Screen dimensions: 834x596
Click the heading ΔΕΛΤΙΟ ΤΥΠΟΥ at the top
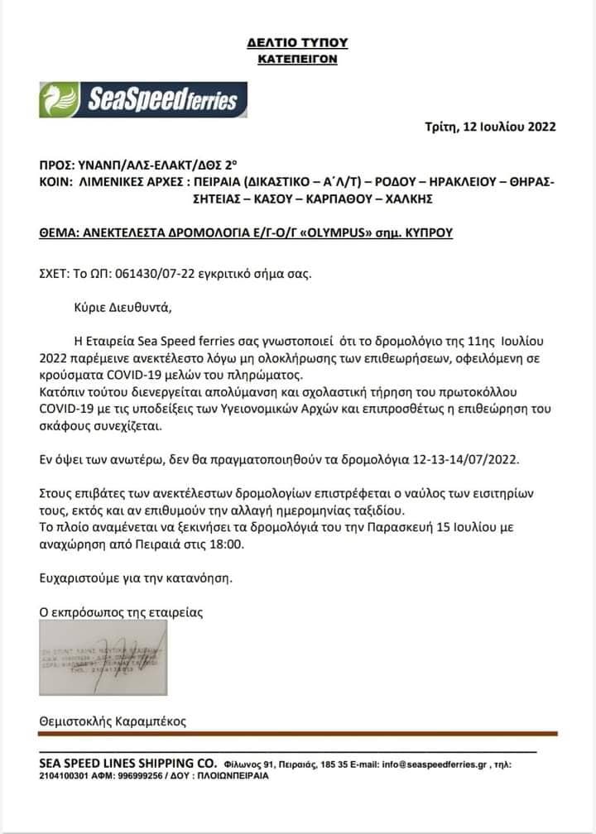click(297, 42)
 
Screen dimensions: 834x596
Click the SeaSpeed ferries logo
click(143, 99)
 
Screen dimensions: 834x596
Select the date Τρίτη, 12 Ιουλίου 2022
click(490, 127)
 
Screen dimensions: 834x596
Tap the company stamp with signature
click(103, 656)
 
